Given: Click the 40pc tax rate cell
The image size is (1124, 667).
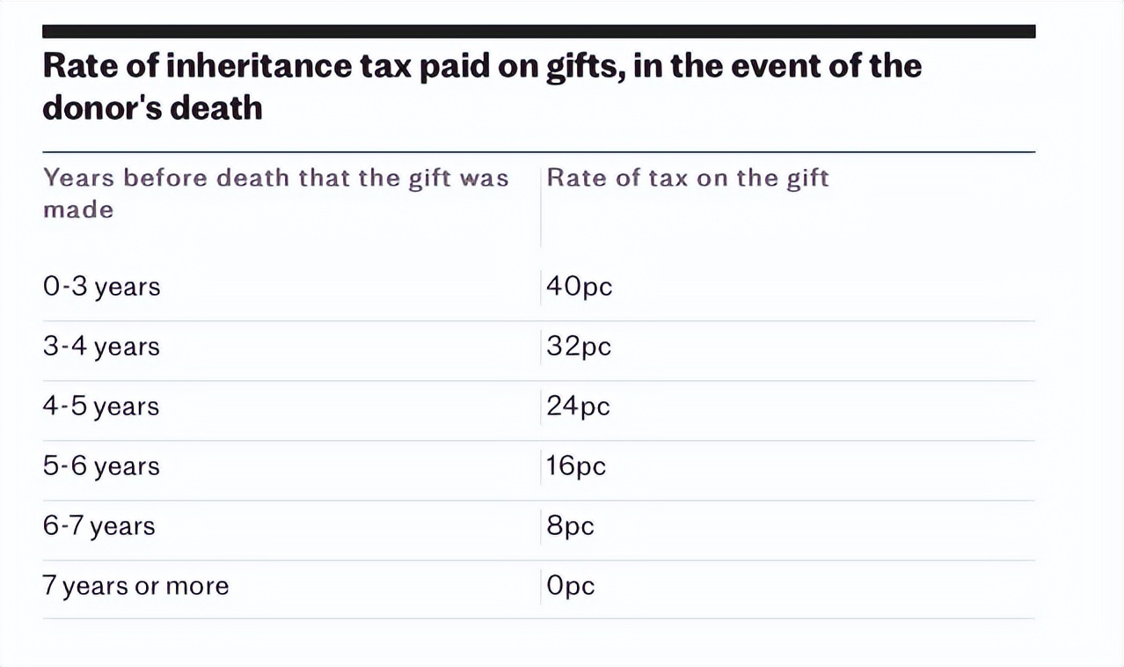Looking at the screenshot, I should click(579, 287).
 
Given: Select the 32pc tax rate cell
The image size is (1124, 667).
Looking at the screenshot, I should click(579, 347).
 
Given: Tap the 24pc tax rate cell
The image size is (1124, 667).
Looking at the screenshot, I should click(578, 407).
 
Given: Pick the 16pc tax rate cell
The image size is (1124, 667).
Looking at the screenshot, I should click(576, 466).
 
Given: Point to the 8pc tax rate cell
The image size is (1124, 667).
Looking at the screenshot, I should click(570, 526).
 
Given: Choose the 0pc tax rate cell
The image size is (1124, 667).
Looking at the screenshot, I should click(570, 586).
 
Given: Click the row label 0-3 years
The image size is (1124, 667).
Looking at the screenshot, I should click(101, 287).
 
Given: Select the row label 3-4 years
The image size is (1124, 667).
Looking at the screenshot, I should click(101, 347).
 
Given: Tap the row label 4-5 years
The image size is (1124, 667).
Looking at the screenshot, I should click(101, 407).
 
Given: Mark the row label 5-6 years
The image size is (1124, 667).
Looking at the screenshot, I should click(101, 466).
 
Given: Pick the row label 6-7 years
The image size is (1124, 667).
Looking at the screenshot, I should click(99, 526).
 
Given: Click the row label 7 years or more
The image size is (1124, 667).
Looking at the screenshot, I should click(135, 586).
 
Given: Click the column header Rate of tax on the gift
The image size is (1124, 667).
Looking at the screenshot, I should click(688, 178).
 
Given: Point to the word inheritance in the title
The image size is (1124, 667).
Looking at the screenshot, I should click(247, 67).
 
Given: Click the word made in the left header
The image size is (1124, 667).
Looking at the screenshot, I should click(78, 209).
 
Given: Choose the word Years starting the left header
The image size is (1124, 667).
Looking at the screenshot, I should click(78, 178).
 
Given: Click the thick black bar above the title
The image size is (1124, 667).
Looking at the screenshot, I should click(538, 32).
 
